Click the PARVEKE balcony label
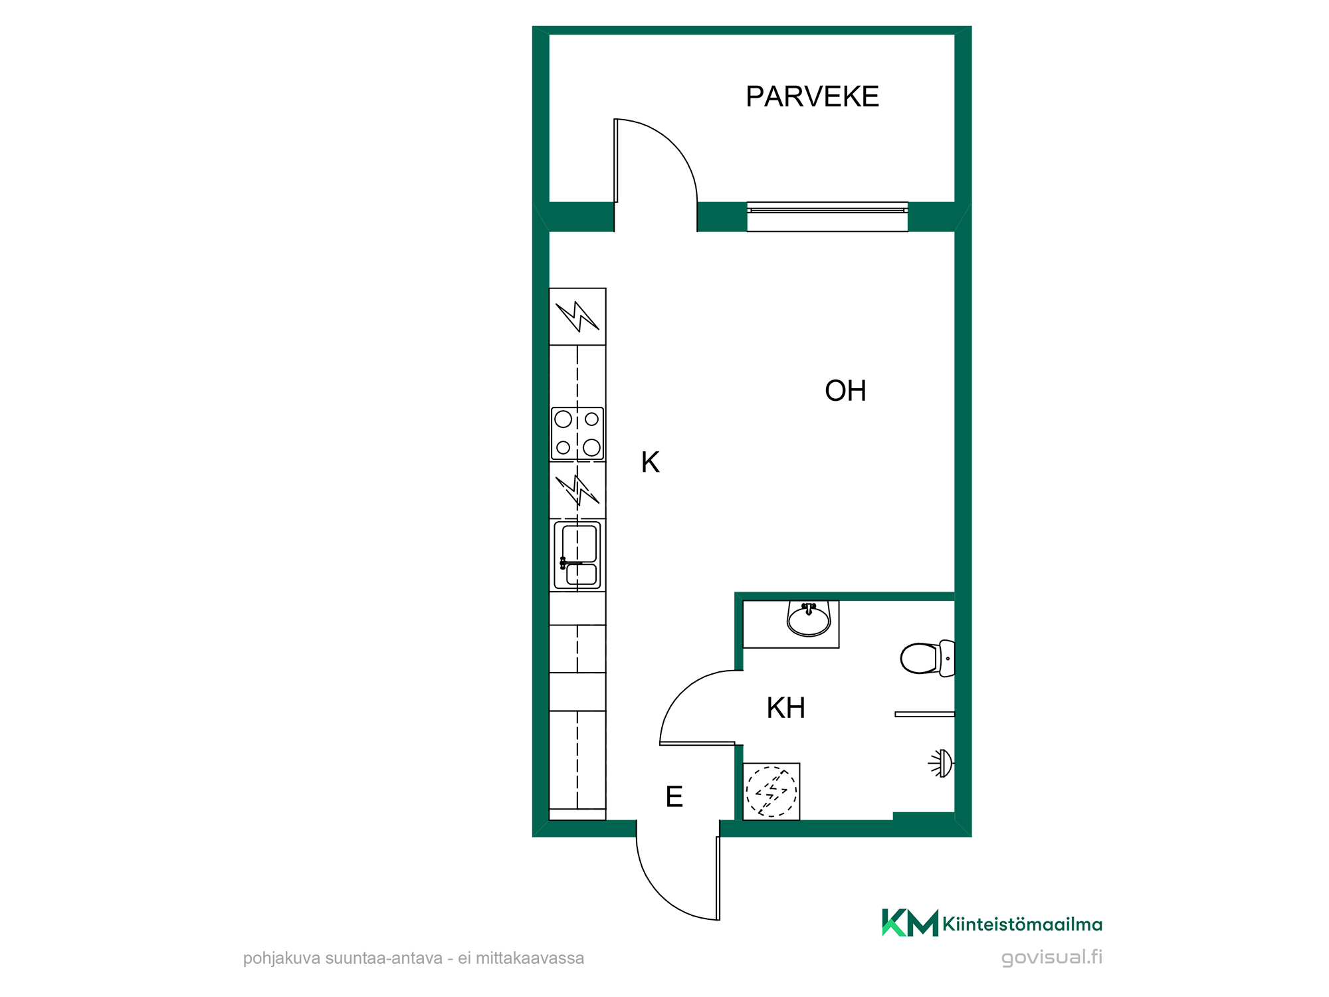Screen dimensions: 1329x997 click(x=812, y=97)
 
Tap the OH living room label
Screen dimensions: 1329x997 click(x=845, y=391)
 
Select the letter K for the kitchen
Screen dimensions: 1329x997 click(x=650, y=462)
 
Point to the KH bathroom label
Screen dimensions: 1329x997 click(x=785, y=708)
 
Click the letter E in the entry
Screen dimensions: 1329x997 click(x=674, y=796)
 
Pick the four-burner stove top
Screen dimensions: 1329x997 click(x=577, y=433)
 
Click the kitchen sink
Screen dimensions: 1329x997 click(x=577, y=555)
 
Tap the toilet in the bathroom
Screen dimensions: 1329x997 click(x=928, y=658)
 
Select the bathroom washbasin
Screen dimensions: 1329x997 click(x=808, y=619)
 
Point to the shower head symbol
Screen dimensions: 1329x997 click(x=942, y=763)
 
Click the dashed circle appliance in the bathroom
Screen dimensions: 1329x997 click(x=771, y=791)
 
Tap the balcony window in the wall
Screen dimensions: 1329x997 click(x=827, y=217)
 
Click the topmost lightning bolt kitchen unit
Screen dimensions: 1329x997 click(x=577, y=316)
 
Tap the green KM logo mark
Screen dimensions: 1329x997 click(x=910, y=923)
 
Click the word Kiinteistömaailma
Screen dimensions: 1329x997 click(x=1022, y=924)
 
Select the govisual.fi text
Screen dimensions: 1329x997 click(x=1052, y=957)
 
